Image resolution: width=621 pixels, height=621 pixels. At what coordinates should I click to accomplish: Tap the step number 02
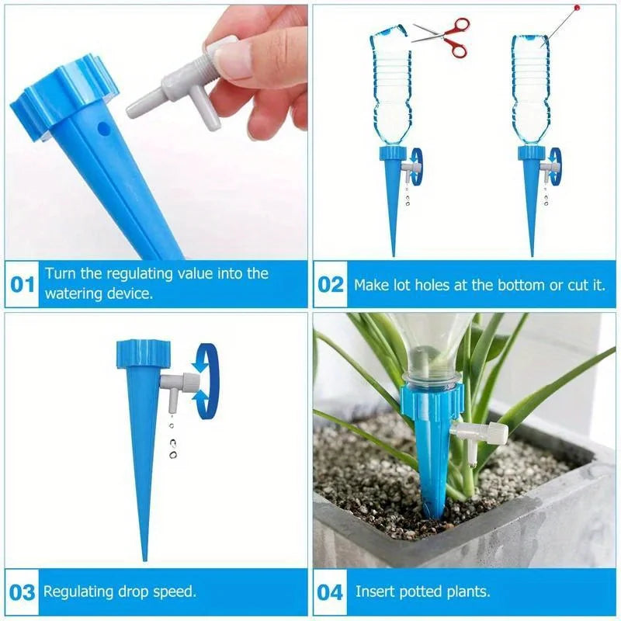331,284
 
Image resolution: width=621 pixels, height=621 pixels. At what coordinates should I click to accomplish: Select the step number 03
22,592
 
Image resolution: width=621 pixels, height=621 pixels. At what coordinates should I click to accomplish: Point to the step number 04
331,592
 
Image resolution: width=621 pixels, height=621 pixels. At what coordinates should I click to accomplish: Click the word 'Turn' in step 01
60,273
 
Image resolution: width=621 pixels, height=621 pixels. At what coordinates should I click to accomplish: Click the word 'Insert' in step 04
375,592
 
